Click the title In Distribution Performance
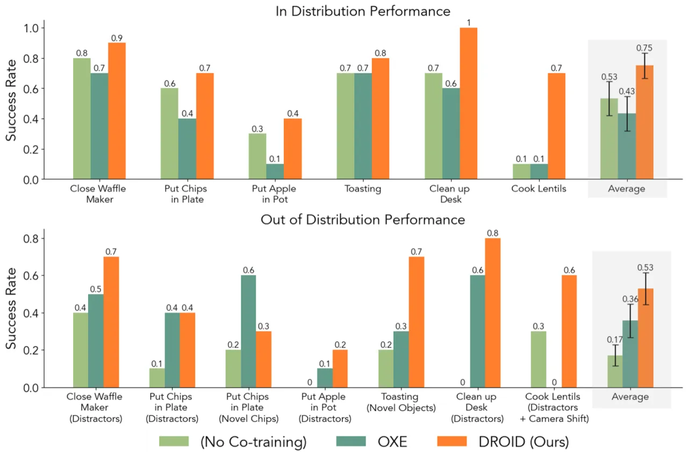pos(363,11)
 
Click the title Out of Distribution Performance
pos(363,220)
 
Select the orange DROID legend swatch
pos(452,441)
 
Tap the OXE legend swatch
pos(351,441)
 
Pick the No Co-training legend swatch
pos(174,441)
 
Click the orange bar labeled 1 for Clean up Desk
pos(468,103)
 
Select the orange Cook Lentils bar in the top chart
pos(556,126)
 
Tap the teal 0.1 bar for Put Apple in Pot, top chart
pos(275,171)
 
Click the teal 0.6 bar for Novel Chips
pos(248,331)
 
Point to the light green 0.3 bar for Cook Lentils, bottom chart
pos(539,359)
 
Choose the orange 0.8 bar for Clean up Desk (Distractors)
pos(493,313)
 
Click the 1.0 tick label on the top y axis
pos(31,29)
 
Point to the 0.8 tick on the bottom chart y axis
pos(31,238)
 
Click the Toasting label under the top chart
pos(363,188)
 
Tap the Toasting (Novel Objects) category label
pos(401,402)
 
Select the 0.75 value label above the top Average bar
pos(644,48)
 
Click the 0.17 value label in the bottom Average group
pos(615,340)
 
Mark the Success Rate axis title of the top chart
pos(11,100)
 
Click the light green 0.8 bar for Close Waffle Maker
pos(82,118)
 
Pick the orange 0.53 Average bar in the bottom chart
pos(646,338)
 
